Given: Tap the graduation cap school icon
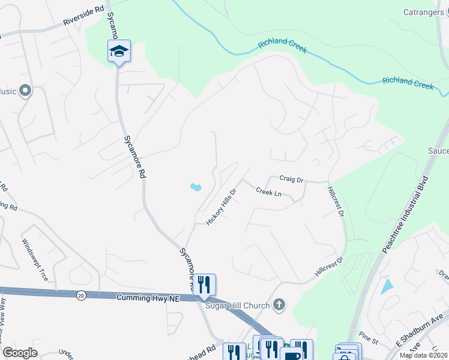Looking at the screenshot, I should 119,52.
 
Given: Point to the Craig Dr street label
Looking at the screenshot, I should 292,179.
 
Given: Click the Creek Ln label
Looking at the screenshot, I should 268,192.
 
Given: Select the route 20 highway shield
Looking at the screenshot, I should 80,295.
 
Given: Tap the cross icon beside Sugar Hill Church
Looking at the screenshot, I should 279,305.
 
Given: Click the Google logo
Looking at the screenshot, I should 20,353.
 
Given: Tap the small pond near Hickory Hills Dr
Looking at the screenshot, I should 196,188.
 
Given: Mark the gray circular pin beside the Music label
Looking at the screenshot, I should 25,91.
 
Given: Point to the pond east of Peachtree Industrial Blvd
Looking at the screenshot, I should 387,287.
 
